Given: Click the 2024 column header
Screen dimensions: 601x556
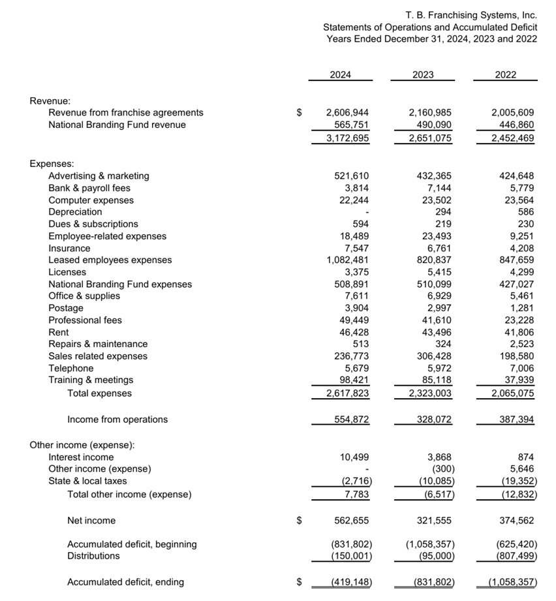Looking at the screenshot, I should coord(340,75).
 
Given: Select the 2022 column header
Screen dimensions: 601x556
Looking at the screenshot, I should coord(505,75).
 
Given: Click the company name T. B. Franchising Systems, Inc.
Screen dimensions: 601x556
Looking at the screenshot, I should coord(471,15).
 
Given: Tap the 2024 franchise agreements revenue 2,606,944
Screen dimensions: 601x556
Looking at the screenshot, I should coord(347,113).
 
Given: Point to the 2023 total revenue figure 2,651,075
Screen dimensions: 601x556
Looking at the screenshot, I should coord(429,138).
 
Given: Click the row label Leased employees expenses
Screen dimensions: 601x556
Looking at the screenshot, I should coord(110,260).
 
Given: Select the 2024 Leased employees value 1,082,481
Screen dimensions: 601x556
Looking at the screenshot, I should coord(347,260).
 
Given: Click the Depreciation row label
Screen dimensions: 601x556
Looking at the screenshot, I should coord(75,212).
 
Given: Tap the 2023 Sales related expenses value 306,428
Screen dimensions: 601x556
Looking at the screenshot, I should coord(434,356).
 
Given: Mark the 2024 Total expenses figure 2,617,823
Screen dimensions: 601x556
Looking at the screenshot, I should coord(347,393).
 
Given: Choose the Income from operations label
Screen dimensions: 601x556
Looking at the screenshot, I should coord(117,420).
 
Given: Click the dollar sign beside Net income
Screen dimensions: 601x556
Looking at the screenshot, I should coord(300,521).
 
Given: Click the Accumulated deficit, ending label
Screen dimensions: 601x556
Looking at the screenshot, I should coord(125,582).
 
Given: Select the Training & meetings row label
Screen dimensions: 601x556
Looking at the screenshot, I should coord(91,380).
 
